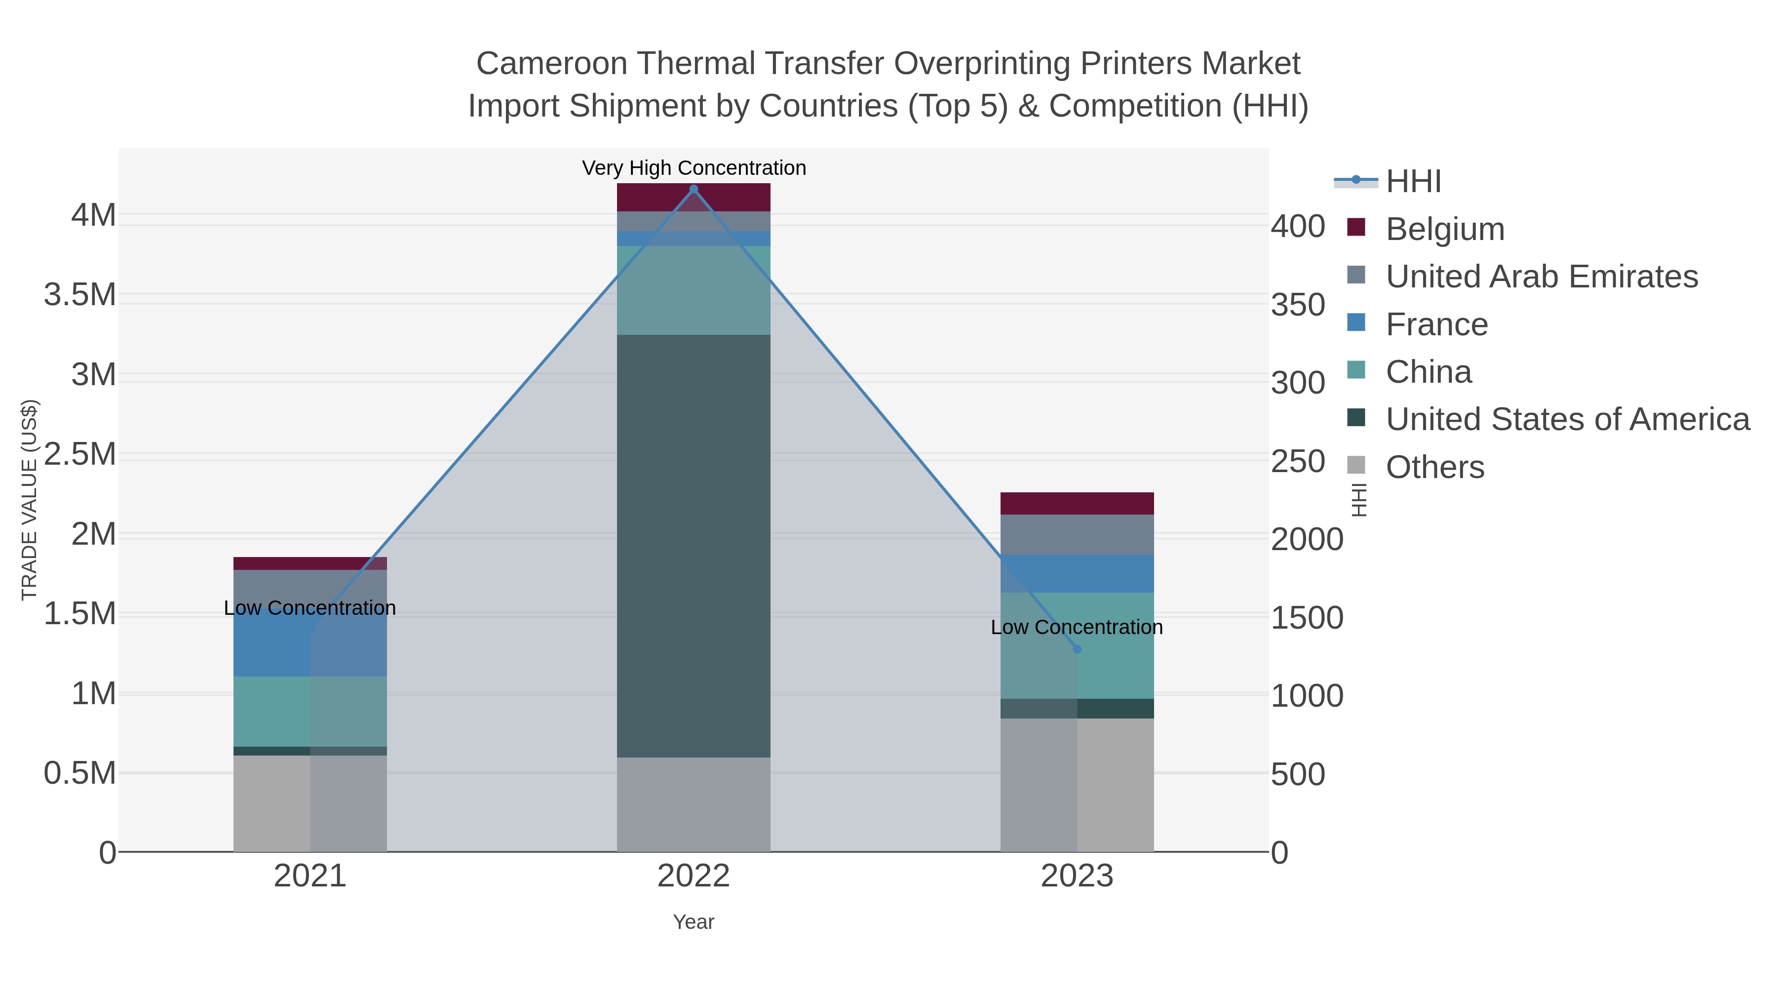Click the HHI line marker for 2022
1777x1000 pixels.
694,189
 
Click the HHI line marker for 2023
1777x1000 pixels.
1077,649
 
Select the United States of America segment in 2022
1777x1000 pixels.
694,545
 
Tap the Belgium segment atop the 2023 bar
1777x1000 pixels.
1077,503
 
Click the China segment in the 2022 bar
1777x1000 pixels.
694,290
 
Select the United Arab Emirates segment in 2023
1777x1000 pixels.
1077,534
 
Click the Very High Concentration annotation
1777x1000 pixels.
694,168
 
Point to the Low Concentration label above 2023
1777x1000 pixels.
1076,627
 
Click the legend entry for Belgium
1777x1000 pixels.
1444,229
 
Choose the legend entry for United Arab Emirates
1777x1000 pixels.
1541,277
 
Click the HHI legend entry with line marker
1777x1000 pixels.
1413,182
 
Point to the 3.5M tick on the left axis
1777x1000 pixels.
79,295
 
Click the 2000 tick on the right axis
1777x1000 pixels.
1307,540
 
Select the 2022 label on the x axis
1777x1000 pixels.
694,877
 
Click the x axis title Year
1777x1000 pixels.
694,922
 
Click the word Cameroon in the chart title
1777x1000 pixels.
551,64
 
